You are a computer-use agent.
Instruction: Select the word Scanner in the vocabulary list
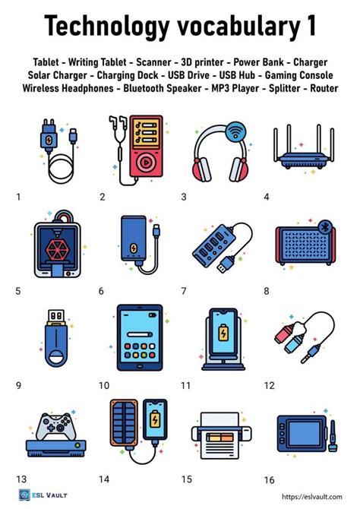tap(153, 61)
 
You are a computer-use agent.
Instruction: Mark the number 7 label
tap(183, 291)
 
